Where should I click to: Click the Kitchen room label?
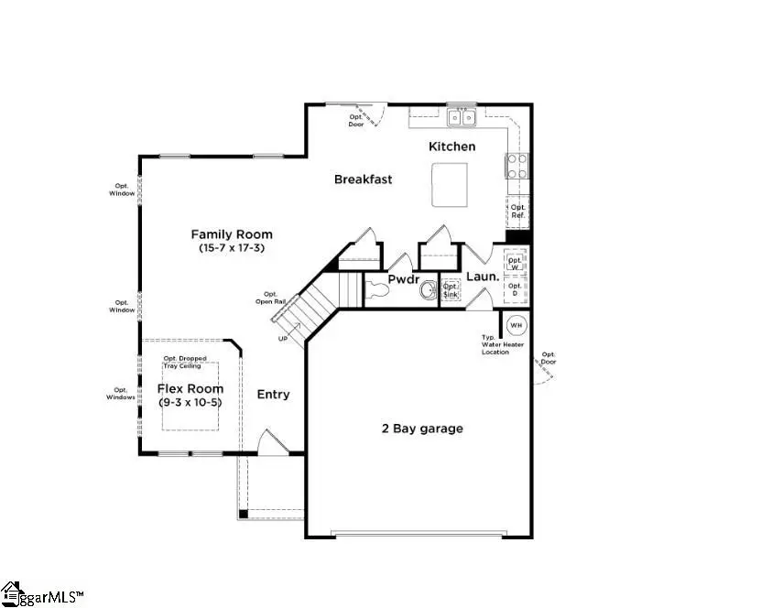point(452,147)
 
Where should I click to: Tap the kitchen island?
point(450,185)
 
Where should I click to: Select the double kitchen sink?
point(462,117)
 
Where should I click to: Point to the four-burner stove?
point(516,166)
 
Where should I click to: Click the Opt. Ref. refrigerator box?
point(518,212)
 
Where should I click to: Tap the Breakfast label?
point(363,179)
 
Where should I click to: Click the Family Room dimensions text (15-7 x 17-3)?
point(231,248)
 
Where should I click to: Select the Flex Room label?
point(190,388)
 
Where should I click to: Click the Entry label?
point(273,395)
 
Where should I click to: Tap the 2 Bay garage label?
point(422,429)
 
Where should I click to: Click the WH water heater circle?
point(515,325)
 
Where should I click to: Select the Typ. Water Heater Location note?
point(495,344)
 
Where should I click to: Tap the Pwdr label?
point(403,278)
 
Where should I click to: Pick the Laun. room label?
point(482,276)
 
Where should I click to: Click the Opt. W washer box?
point(515,262)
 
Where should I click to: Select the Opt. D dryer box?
point(515,290)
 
